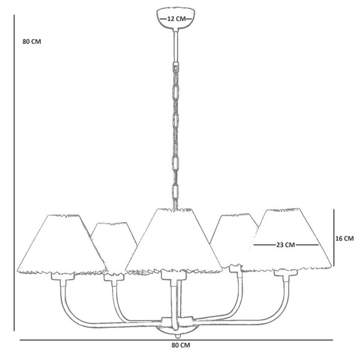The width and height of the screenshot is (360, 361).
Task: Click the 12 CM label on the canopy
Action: pos(176,19)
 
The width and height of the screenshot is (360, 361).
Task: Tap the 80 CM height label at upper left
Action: pos(32,42)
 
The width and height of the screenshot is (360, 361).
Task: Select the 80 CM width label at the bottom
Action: pos(181,345)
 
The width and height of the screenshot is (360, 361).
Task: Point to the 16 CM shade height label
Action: pos(344,238)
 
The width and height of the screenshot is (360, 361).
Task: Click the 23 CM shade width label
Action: pos(285,245)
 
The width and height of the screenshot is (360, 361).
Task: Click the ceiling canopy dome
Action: pos(176,18)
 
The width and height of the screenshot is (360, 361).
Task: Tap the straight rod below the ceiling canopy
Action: pos(176,46)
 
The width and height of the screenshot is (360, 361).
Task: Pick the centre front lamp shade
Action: pos(174,241)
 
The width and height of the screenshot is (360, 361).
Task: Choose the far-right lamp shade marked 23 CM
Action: pos(291,239)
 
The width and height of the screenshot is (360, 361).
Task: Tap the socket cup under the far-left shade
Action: pos(63,276)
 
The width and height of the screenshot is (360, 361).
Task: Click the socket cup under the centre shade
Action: pos(173,275)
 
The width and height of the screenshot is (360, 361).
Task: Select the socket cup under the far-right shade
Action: pos(285,273)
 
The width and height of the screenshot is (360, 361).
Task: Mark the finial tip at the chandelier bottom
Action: pos(177,336)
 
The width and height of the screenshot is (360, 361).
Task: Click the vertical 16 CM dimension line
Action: pos(334,238)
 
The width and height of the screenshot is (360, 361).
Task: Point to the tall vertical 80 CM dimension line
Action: pos(14,173)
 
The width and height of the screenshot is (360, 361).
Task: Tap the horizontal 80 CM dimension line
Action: pos(176,340)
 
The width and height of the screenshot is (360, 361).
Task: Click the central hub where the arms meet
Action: pos(177,321)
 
